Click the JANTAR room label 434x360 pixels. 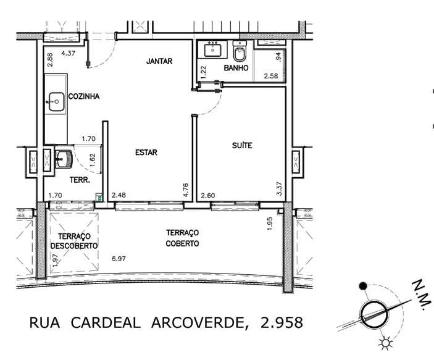[x=159, y=61]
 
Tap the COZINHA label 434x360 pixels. [x=84, y=96]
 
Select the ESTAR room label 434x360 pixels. [x=146, y=153]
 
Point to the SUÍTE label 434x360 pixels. [x=242, y=145]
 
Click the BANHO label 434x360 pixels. [x=236, y=68]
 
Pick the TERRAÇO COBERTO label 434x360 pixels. [x=182, y=238]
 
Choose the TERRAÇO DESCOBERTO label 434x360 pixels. [x=74, y=241]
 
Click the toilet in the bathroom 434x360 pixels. [x=240, y=51]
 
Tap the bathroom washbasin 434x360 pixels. [x=212, y=49]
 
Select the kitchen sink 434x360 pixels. [x=56, y=102]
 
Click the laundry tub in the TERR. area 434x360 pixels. [x=64, y=159]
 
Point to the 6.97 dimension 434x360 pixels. [x=119, y=259]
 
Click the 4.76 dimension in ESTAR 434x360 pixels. [x=186, y=190]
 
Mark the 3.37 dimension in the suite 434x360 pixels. [x=279, y=188]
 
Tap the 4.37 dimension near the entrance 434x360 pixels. [x=68, y=53]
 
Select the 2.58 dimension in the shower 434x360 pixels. [x=270, y=75]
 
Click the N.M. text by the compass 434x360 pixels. [x=422, y=295]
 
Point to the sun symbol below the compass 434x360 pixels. [x=386, y=343]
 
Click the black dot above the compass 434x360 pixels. [x=362, y=286]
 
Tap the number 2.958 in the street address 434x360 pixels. [x=282, y=322]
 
